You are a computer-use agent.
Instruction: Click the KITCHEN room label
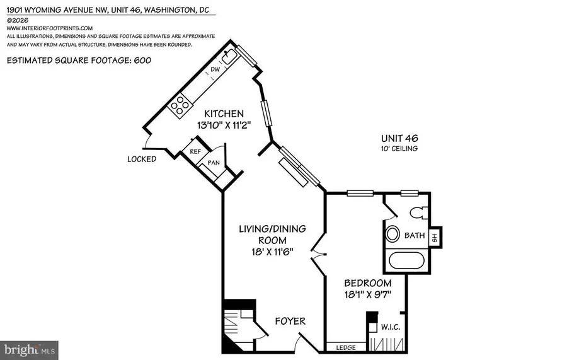click(x=219, y=113)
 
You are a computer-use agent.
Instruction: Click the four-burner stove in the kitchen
click(x=181, y=104)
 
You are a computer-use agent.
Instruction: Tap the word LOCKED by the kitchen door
click(x=142, y=159)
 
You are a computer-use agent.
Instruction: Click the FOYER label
click(x=290, y=321)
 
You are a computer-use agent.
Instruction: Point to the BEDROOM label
click(x=367, y=283)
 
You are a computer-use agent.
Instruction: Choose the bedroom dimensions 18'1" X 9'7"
click(x=367, y=295)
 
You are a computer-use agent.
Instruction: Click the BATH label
click(x=414, y=236)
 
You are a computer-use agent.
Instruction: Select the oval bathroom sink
click(x=393, y=235)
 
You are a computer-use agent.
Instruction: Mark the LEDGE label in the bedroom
click(x=346, y=347)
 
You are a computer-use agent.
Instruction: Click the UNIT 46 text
click(x=399, y=138)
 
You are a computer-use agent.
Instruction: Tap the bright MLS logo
click(x=30, y=348)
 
